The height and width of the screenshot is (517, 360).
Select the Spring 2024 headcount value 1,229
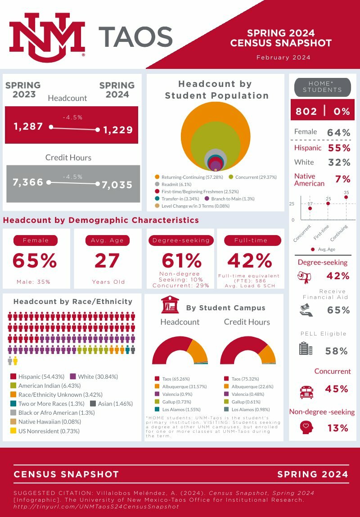pos(118,130)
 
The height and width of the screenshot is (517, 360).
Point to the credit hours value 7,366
pos(28,182)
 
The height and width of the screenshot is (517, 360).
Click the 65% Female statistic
pos(35,261)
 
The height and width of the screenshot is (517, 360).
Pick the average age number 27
pos(107,261)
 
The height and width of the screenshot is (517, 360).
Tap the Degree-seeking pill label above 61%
pos(181,240)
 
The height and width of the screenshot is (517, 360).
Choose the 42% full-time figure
pos(250,261)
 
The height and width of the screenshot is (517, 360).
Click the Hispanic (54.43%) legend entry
pos(38,376)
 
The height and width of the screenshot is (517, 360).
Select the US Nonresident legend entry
pos(45,431)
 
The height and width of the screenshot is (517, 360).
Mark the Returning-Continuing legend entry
pos(189,177)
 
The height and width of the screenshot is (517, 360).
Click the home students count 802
pos(306,111)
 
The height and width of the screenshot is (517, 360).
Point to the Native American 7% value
pos(342,179)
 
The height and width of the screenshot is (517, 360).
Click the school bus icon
pos(306,391)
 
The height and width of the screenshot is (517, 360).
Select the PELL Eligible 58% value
pos(337,351)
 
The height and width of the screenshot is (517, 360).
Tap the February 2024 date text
pos(283,58)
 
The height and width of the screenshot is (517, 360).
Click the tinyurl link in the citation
pos(96,506)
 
